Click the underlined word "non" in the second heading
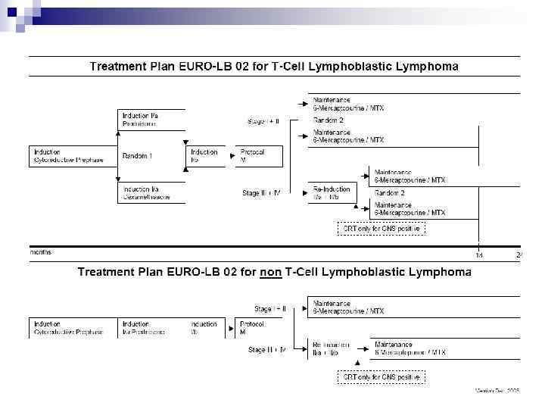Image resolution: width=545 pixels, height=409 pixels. [270, 272]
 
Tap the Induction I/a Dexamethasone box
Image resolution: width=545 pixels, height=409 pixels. [149, 193]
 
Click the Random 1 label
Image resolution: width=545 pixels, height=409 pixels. [137, 156]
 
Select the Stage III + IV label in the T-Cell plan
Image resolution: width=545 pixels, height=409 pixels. [261, 193]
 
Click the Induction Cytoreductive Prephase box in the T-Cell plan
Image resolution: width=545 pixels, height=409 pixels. [72, 156]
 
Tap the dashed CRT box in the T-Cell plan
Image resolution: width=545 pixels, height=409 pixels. [381, 228]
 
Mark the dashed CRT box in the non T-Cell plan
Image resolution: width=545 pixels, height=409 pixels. [381, 376]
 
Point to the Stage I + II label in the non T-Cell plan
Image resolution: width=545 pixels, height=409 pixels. [270, 308]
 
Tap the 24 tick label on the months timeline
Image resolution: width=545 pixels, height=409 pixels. [519, 254]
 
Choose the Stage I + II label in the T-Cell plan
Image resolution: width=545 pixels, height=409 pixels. [263, 121]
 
